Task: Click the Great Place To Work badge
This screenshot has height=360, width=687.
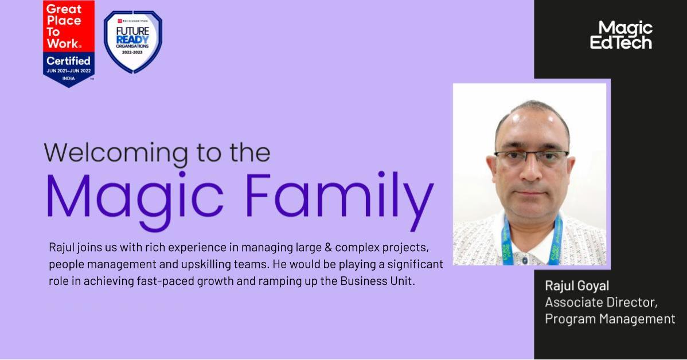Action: click(x=69, y=43)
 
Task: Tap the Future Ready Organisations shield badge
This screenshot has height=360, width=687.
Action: click(x=132, y=42)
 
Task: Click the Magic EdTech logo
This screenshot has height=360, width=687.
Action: click(x=621, y=35)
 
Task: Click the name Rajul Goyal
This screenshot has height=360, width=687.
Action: click(x=577, y=285)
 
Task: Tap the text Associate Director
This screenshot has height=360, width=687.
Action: click(x=601, y=302)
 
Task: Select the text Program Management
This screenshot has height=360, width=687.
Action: click(x=610, y=319)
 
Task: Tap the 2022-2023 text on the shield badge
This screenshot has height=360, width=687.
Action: click(x=132, y=52)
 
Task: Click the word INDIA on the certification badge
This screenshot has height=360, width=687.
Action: click(x=69, y=77)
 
